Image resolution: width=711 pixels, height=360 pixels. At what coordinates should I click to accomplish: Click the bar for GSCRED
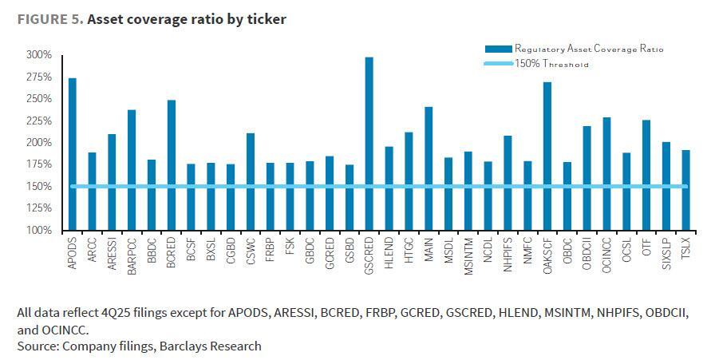point(369,144)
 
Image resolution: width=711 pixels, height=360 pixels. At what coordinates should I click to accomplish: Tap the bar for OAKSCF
point(547,156)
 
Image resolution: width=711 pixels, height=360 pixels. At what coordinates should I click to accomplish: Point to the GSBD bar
point(349,197)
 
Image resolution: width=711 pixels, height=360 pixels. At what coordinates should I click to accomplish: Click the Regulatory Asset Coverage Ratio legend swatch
point(497,49)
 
